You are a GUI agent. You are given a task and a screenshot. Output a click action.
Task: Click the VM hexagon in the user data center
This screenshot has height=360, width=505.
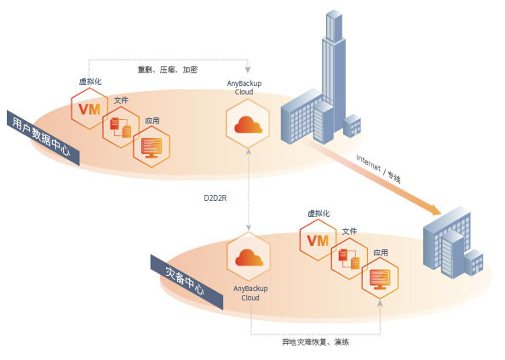89,109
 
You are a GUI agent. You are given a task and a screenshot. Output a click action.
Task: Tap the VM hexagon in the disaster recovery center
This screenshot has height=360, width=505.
318,240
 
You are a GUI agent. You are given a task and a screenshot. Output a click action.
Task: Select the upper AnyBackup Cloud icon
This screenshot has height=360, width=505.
248,123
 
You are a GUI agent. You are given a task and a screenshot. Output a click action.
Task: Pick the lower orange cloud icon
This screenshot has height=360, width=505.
249,258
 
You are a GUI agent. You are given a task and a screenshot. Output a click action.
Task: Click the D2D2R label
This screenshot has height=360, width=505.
215,198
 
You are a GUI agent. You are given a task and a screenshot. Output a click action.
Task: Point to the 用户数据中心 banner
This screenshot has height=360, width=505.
43,138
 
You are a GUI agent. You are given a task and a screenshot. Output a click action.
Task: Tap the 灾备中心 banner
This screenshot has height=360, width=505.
187,282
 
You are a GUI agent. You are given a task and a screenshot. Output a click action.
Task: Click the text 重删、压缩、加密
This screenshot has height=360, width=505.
168,70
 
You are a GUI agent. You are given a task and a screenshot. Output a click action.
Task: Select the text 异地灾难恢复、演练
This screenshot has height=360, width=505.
315,342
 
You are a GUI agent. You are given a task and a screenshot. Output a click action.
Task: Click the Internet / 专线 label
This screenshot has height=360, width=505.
379,169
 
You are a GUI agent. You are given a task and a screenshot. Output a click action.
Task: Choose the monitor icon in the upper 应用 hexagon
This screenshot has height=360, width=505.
152,147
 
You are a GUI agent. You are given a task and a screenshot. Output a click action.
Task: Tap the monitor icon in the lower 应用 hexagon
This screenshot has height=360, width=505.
380,279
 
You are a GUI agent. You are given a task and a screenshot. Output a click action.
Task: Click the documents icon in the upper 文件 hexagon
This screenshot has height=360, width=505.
120,128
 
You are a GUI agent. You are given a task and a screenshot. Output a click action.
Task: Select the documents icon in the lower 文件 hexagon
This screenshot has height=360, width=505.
349,259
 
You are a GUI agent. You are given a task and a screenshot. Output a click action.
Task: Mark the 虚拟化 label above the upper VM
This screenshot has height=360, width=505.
90,82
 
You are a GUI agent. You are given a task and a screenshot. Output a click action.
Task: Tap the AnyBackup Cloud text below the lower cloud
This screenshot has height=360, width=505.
250,293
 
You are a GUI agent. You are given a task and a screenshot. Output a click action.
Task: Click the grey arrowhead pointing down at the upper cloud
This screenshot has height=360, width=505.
248,70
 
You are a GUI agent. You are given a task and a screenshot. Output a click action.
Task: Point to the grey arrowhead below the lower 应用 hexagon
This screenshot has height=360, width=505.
380,303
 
